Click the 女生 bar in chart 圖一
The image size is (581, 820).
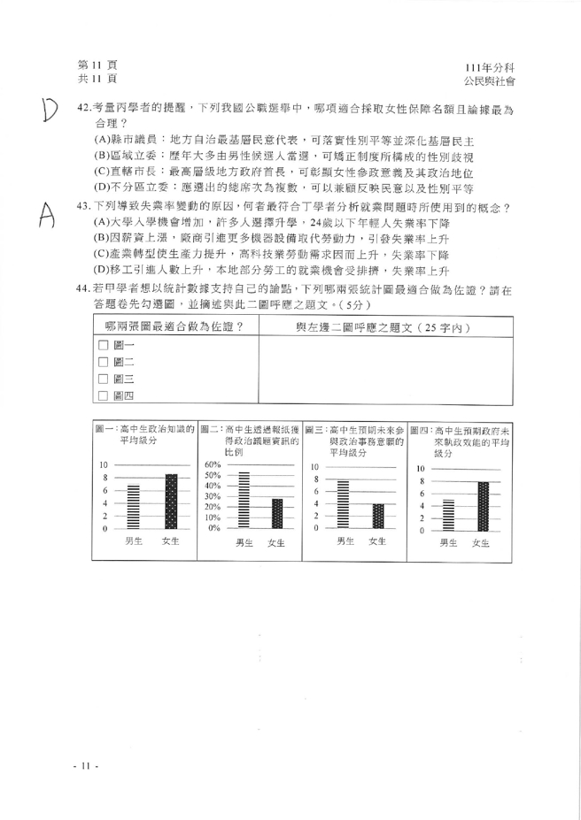tap(172, 502)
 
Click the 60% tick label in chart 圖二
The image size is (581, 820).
tap(212, 464)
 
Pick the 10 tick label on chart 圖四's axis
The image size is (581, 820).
tap(422, 468)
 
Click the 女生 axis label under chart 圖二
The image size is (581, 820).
tap(275, 543)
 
